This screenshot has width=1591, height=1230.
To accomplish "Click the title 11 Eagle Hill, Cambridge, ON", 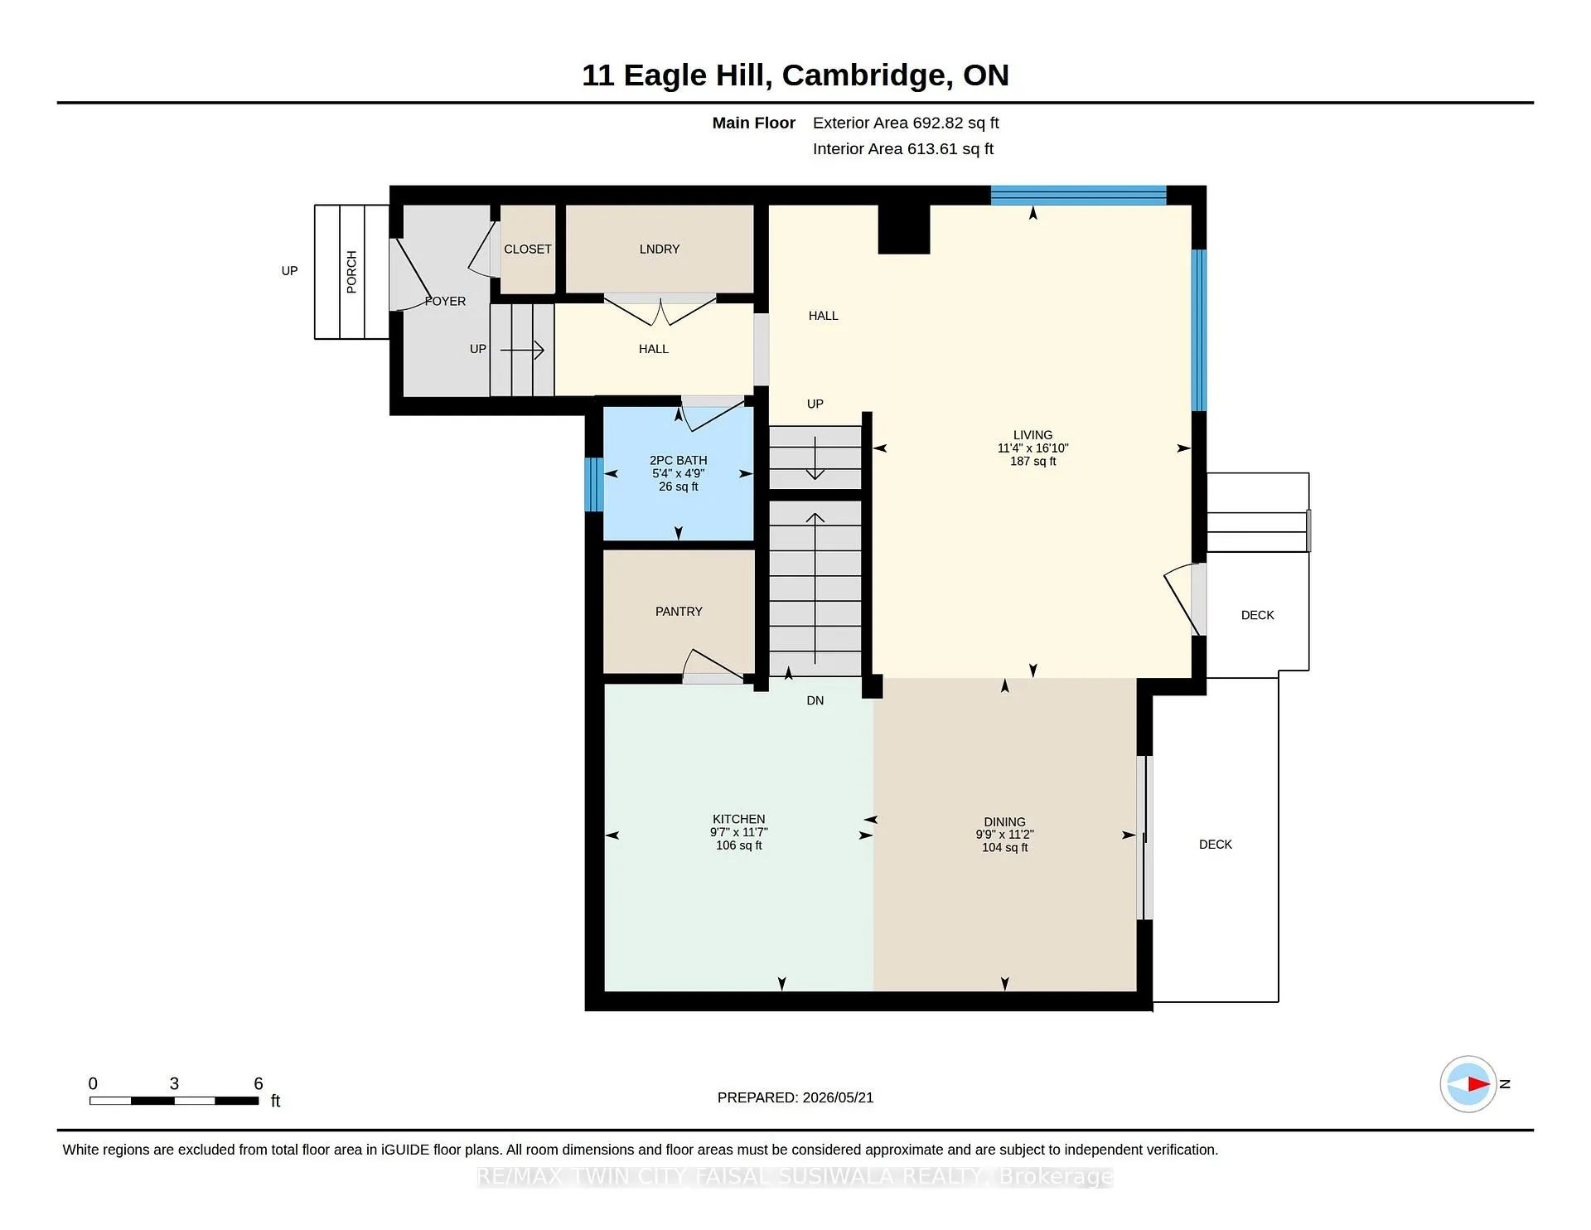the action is [795, 75].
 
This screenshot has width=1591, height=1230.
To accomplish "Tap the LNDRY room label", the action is [660, 249].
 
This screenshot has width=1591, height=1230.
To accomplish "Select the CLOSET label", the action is [528, 249].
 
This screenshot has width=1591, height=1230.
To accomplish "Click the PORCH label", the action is [351, 272].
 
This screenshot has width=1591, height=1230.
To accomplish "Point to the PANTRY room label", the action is [679, 612].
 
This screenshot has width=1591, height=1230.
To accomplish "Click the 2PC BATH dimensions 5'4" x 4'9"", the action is [678, 474].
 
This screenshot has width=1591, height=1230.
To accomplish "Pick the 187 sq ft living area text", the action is [1032, 462].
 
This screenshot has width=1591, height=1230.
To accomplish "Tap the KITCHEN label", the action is [738, 819].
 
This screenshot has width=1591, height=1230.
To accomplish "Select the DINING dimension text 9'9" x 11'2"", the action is [1004, 835].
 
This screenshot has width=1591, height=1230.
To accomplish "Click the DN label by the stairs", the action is [815, 701].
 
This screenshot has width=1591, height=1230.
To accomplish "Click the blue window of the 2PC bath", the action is [593, 485].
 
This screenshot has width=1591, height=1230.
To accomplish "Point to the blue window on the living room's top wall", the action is [1079, 196].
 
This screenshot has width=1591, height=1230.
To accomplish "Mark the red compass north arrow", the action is [1479, 1083].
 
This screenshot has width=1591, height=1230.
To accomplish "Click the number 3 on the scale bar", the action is [174, 1083].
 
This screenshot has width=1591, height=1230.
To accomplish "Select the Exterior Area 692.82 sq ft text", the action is [906, 123].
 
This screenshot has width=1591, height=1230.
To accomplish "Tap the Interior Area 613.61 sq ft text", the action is [903, 149].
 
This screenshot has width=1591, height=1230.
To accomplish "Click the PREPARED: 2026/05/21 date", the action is [795, 1097].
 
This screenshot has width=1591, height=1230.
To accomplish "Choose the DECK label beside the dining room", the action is [1216, 845].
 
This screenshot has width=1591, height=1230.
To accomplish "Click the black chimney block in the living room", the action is [904, 229].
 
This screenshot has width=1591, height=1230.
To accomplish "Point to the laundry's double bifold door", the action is [660, 309].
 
